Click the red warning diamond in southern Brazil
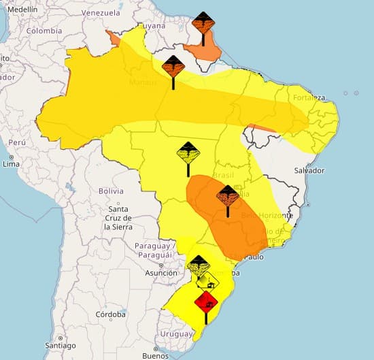(x=205, y=300)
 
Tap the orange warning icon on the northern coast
(x=203, y=25)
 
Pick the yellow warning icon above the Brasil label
(x=188, y=154)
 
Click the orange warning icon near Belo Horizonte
(x=227, y=197)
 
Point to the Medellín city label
(x=23, y=10)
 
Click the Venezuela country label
(x=100, y=13)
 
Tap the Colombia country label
(x=44, y=31)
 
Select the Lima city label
(x=11, y=164)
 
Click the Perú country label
(x=16, y=143)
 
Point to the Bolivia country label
(x=111, y=191)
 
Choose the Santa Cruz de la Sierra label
(x=118, y=218)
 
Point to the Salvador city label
(x=310, y=170)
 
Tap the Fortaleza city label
(x=310, y=97)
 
